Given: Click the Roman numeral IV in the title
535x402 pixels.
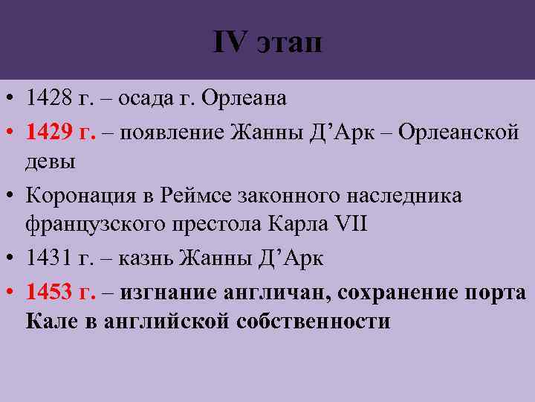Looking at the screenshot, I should click(229, 42).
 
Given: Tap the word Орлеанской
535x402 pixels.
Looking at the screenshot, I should click(458, 131).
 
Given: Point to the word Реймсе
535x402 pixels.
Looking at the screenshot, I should click(195, 196).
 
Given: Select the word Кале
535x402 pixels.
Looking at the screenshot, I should click(48, 322).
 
